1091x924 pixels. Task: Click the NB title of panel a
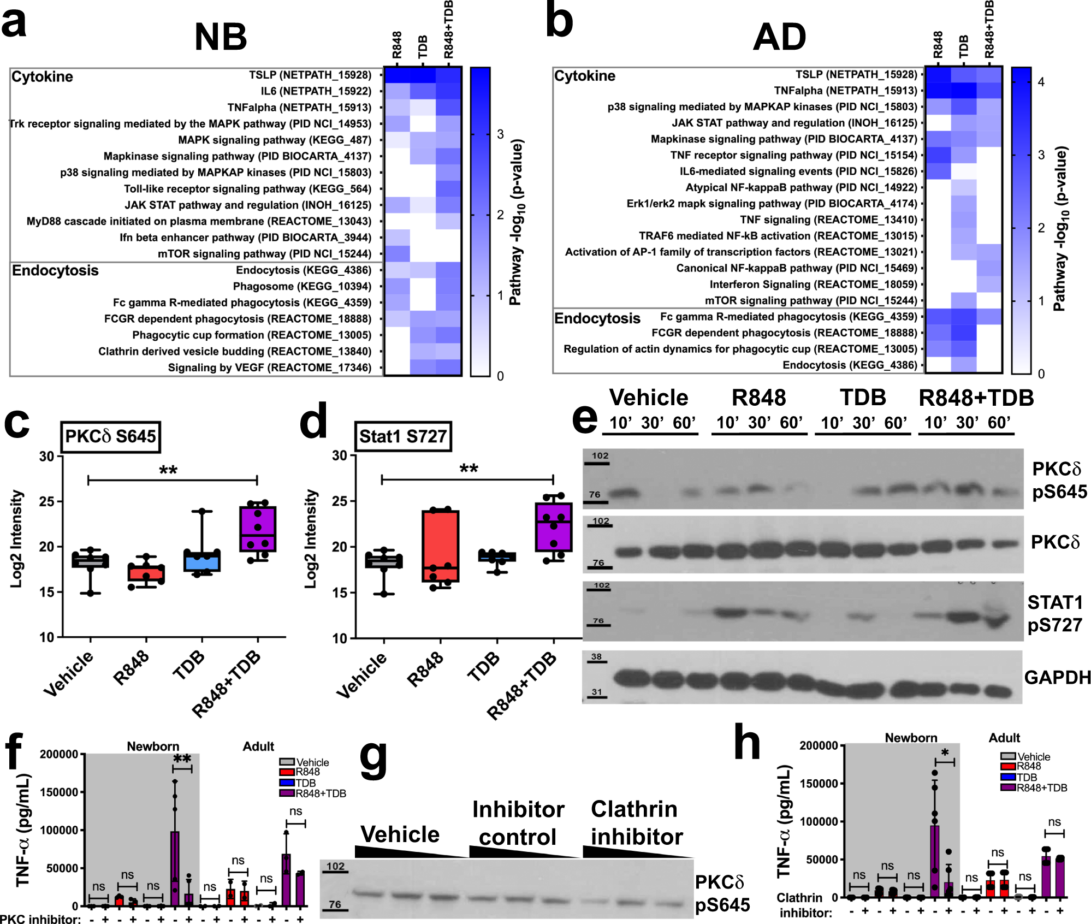coord(221,37)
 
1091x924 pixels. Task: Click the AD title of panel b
coord(779,37)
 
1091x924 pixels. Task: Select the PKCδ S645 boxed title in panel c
coord(110,436)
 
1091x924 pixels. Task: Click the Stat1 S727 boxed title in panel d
coord(403,436)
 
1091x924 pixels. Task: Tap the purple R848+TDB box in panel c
coord(258,528)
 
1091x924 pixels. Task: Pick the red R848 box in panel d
coord(440,546)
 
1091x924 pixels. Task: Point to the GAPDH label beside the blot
coord(1057,677)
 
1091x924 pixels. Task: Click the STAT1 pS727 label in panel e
coord(1054,613)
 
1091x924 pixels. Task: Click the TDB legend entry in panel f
coord(305,783)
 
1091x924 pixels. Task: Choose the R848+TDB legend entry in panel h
coord(1041,787)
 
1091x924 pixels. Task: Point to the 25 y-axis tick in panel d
coord(340,501)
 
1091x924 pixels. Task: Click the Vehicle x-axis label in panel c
coord(68,673)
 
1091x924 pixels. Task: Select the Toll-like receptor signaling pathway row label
coord(247,189)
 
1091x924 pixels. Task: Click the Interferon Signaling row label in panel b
coord(813,284)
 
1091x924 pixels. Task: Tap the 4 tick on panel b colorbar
coord(1041,82)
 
